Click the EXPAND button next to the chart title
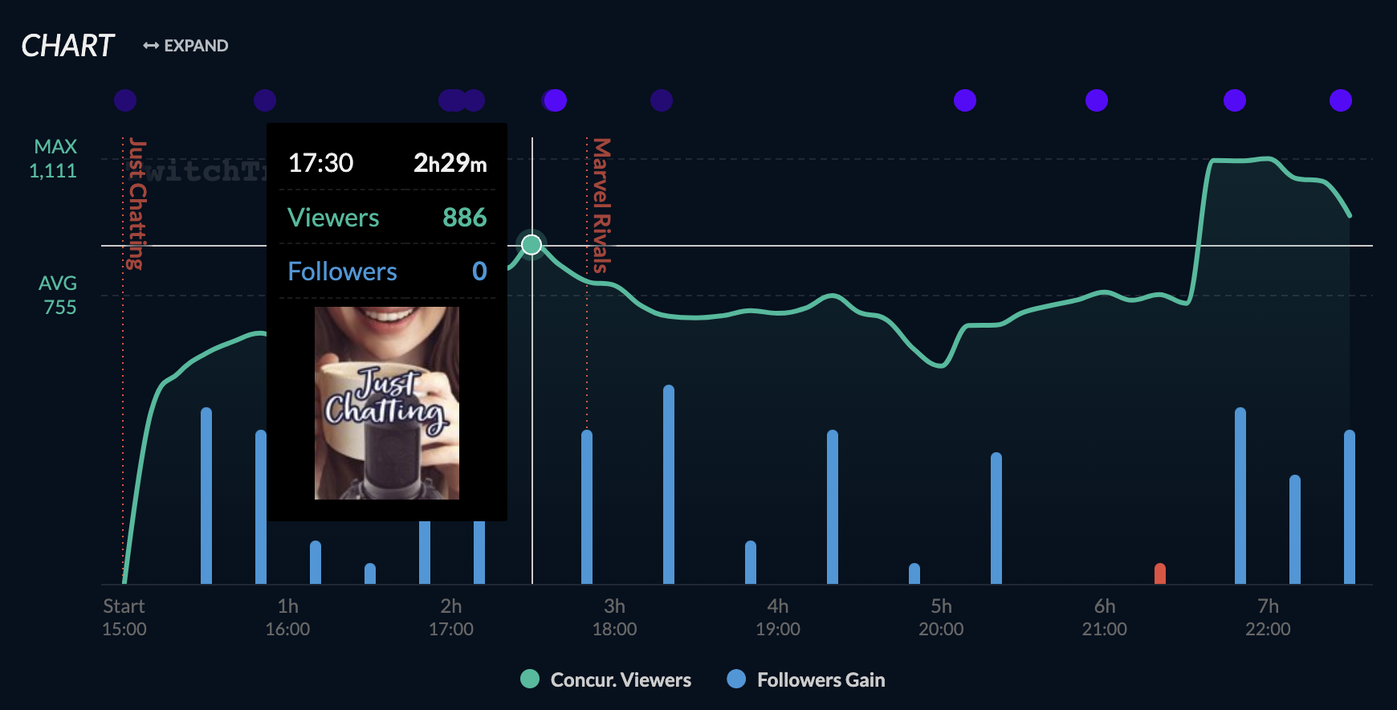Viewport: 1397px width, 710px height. (186, 46)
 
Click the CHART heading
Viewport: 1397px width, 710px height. (68, 46)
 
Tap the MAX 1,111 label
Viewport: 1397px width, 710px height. (54, 158)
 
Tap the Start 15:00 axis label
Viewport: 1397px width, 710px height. (124, 617)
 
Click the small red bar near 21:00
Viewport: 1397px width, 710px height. (1159, 573)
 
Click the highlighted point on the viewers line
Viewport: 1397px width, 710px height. (532, 244)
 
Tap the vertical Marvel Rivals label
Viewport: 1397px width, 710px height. (601, 206)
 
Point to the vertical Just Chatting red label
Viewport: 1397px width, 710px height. (137, 204)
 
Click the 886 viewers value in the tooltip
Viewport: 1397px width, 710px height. (464, 217)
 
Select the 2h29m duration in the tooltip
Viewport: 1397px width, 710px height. (450, 163)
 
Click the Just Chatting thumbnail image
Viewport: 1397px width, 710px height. (387, 402)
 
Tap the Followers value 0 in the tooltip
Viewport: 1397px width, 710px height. (479, 271)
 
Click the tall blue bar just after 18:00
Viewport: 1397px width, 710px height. (669, 484)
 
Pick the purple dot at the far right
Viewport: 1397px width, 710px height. (1340, 100)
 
